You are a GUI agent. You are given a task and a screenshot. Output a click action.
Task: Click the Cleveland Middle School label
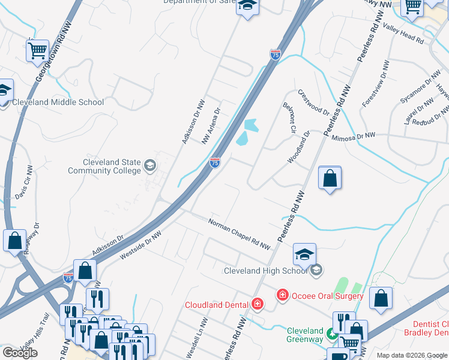click(x=58, y=102)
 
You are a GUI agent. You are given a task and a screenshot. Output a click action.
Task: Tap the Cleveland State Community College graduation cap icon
click(x=150, y=165)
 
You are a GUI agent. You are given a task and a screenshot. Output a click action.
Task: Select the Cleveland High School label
click(x=265, y=271)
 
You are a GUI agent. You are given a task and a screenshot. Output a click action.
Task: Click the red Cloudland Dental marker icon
click(x=258, y=304)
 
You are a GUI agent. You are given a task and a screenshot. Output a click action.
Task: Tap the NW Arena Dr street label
click(x=211, y=125)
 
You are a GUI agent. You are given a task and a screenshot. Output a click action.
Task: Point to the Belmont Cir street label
click(x=290, y=118)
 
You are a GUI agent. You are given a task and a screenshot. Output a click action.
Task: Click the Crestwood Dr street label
click(x=313, y=103)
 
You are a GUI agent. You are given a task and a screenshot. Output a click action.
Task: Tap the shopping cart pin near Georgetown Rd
click(x=37, y=50)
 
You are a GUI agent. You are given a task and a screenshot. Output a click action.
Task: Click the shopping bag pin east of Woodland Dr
click(x=330, y=178)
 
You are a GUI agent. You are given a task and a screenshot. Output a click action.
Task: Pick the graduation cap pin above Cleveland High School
click(x=304, y=254)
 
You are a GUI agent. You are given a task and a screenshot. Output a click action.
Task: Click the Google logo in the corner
click(x=20, y=353)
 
